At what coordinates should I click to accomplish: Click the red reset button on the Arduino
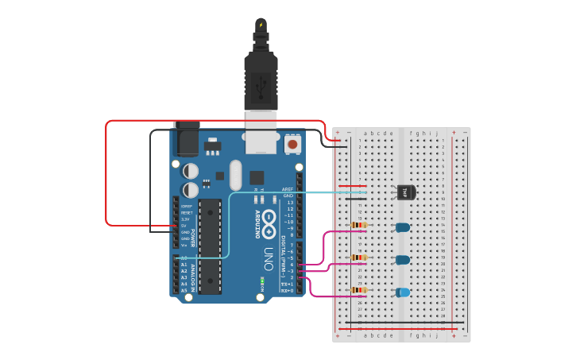click(x=292, y=145)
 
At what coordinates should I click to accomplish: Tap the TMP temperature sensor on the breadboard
click(x=404, y=192)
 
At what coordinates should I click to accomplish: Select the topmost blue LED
click(x=403, y=227)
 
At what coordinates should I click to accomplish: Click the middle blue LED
click(x=403, y=260)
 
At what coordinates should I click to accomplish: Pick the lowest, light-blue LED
click(x=403, y=292)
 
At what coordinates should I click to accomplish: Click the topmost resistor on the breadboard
click(x=360, y=225)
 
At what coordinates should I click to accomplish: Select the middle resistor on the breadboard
click(x=360, y=257)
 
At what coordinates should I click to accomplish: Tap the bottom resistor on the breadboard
click(x=360, y=290)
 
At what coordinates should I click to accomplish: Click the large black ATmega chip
click(x=210, y=247)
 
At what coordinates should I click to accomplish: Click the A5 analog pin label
click(x=184, y=290)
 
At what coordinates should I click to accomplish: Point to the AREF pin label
click(x=288, y=189)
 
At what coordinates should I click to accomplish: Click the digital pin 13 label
click(x=288, y=203)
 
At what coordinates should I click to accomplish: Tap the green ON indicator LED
click(x=262, y=281)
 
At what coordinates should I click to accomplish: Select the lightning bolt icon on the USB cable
click(x=260, y=25)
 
